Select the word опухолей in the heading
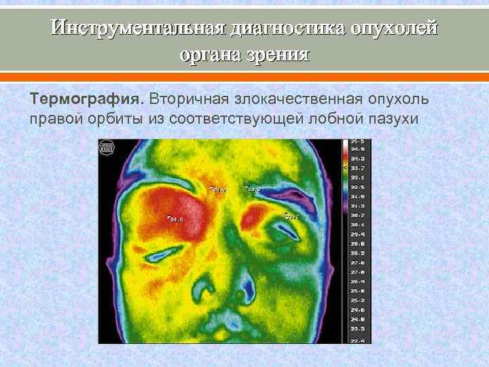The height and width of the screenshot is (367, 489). tap(395, 29)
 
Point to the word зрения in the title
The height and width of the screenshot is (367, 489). tap(278, 54)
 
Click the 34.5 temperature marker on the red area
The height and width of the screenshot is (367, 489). tap(175, 219)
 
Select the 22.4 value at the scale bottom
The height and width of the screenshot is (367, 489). tap(357, 340)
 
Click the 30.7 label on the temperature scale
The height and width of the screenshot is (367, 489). tap(357, 214)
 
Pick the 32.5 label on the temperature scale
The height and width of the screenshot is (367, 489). tap(357, 186)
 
